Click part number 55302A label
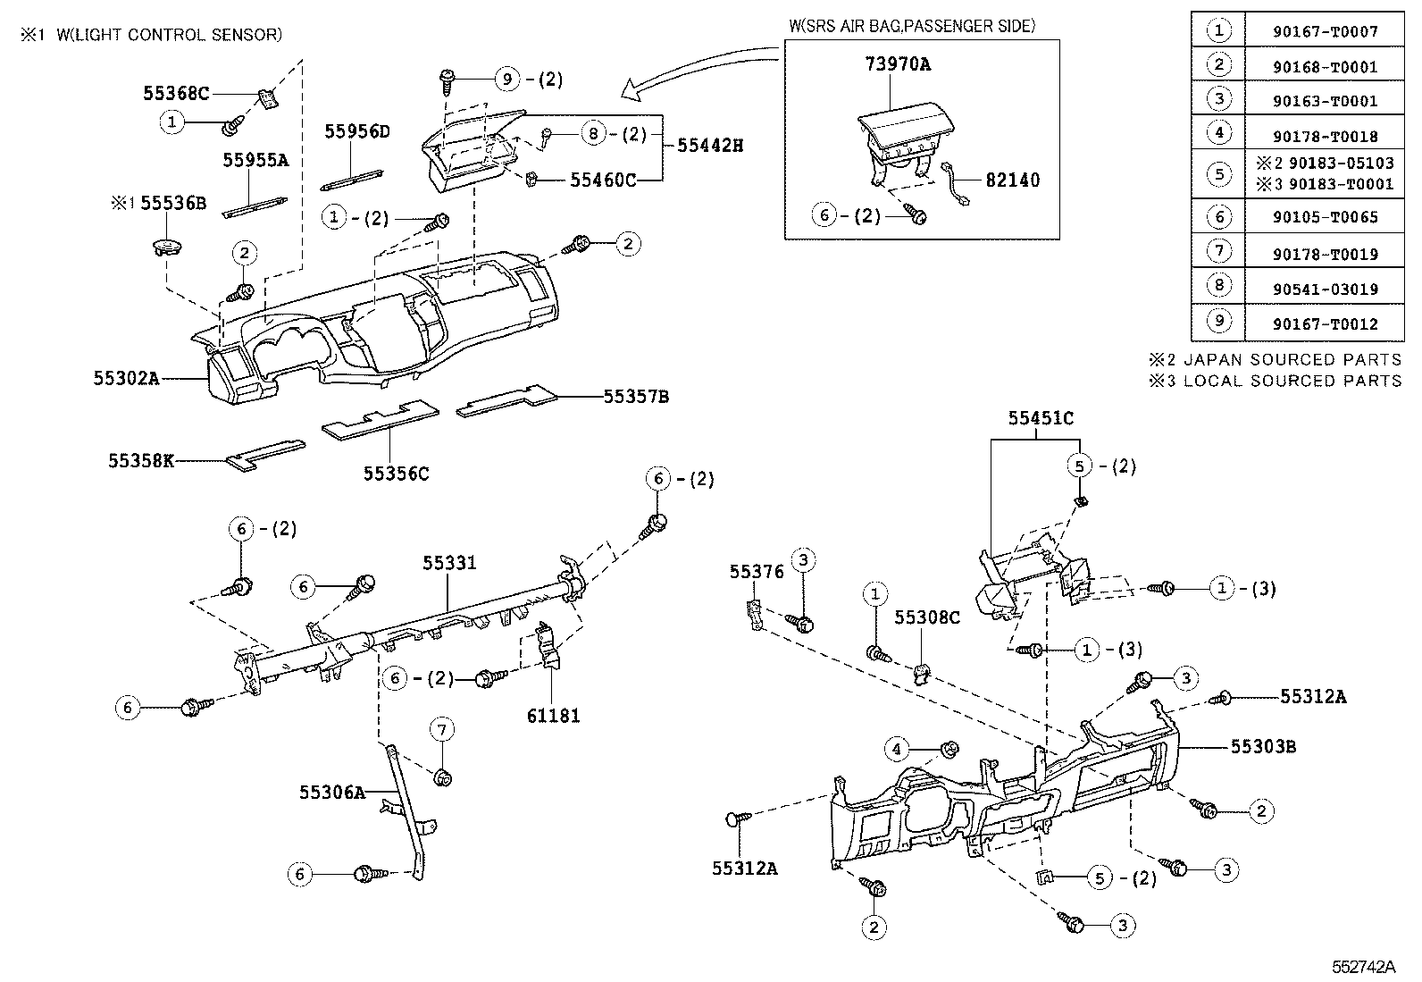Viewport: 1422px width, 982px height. click(x=126, y=379)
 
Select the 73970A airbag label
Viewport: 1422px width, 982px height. click(x=898, y=64)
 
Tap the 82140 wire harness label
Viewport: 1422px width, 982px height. click(x=1013, y=180)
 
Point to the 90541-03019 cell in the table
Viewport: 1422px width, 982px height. click(x=1325, y=290)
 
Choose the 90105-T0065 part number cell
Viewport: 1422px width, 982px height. click(x=1325, y=217)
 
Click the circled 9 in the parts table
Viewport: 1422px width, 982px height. click(x=1218, y=321)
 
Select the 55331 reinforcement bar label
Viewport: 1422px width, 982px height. click(x=449, y=563)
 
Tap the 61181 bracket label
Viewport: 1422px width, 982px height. click(x=554, y=716)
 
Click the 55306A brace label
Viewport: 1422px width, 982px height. click(x=332, y=792)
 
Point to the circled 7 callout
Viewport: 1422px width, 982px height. click(x=442, y=729)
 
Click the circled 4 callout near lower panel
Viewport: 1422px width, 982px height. click(x=897, y=750)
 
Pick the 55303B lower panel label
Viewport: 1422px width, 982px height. click(x=1263, y=746)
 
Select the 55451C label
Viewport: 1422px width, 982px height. click(x=1041, y=418)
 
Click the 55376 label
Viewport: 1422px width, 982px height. click(x=757, y=572)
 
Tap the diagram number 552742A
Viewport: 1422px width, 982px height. click(x=1363, y=967)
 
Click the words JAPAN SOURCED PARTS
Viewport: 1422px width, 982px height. click(x=1292, y=360)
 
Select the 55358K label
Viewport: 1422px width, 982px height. click(x=141, y=460)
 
